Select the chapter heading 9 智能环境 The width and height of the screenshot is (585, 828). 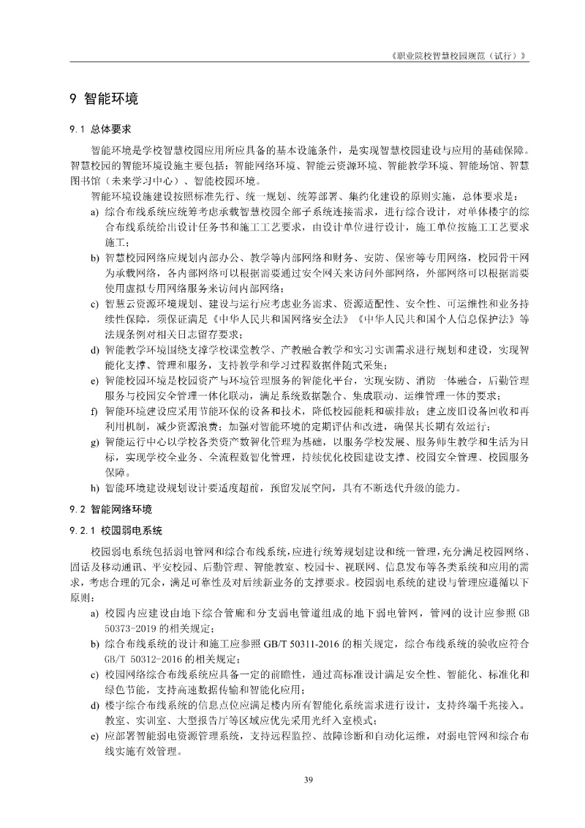click(104, 99)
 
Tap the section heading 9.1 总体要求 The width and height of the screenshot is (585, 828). click(100, 129)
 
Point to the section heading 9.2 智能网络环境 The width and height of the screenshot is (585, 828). click(110, 507)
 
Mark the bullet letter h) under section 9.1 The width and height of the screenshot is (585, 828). click(95, 488)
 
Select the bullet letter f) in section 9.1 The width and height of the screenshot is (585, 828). click(94, 411)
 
